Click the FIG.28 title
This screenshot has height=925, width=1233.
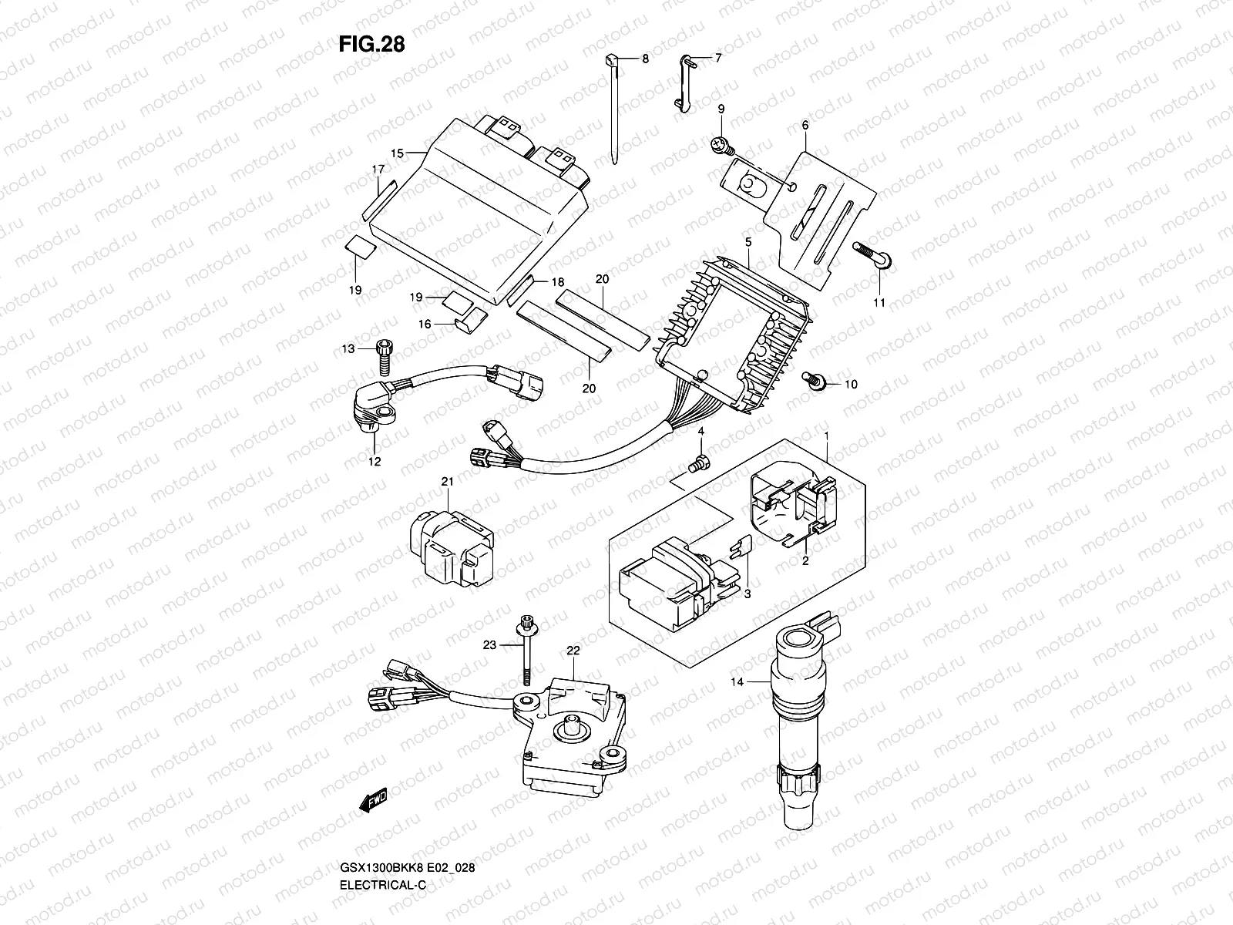pyautogui.click(x=371, y=44)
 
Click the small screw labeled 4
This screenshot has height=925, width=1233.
pyautogui.click(x=700, y=463)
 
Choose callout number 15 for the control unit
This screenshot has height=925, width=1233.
pyautogui.click(x=397, y=153)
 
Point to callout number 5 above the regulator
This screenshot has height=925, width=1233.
pyautogui.click(x=747, y=242)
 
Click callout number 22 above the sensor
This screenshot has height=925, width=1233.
pyautogui.click(x=573, y=651)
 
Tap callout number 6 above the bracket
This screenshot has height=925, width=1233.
pyautogui.click(x=805, y=125)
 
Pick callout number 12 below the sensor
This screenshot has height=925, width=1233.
pyautogui.click(x=375, y=462)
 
